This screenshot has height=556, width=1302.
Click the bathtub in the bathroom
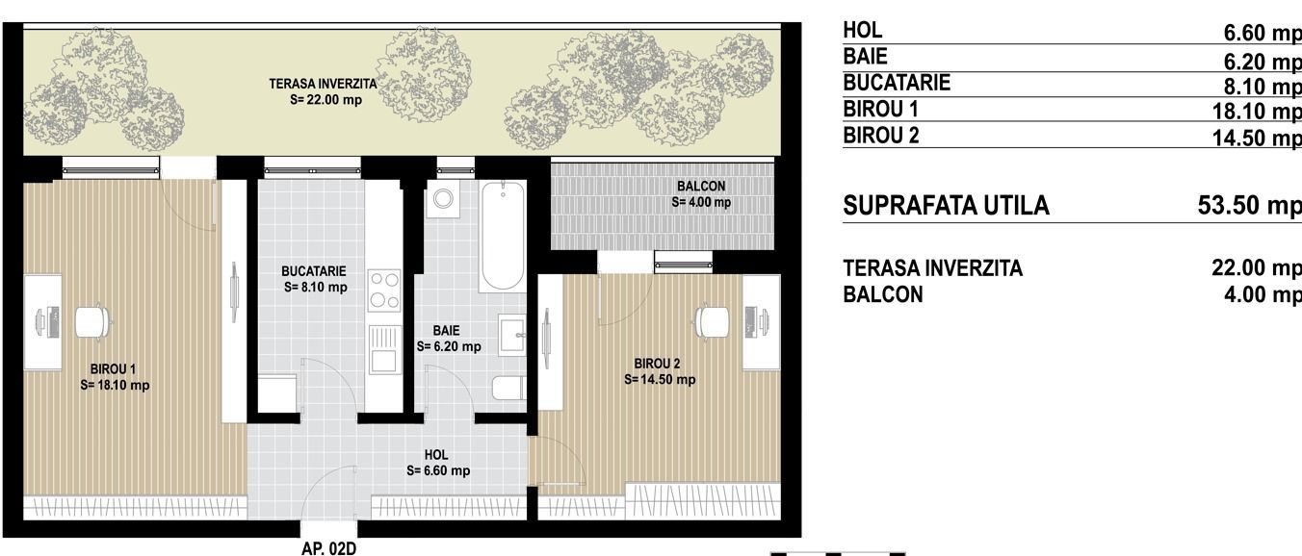click(502, 237)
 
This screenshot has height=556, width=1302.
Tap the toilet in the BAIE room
click(508, 388)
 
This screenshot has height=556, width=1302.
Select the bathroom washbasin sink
click(512, 335)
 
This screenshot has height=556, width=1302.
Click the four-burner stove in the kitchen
click(384, 291)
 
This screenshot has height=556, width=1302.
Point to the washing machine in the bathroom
click(443, 198)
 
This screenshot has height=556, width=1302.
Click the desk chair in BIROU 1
click(93, 322)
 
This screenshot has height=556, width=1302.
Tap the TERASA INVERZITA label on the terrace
click(323, 84)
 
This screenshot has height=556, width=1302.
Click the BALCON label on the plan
click(701, 187)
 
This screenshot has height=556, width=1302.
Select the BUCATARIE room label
click(314, 271)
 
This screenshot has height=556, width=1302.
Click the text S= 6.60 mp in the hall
click(438, 470)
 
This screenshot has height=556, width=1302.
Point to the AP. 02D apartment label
click(328, 548)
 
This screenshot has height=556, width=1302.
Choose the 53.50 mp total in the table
click(1249, 206)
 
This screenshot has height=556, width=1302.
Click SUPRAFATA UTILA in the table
click(946, 206)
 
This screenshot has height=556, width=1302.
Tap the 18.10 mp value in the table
click(1257, 111)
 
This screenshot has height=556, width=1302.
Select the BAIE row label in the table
click(865, 57)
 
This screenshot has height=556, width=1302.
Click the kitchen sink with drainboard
click(384, 349)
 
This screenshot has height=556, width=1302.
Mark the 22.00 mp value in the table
click(1257, 268)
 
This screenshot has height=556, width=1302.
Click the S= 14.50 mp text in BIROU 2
click(660, 380)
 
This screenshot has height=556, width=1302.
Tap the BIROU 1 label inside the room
click(113, 369)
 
